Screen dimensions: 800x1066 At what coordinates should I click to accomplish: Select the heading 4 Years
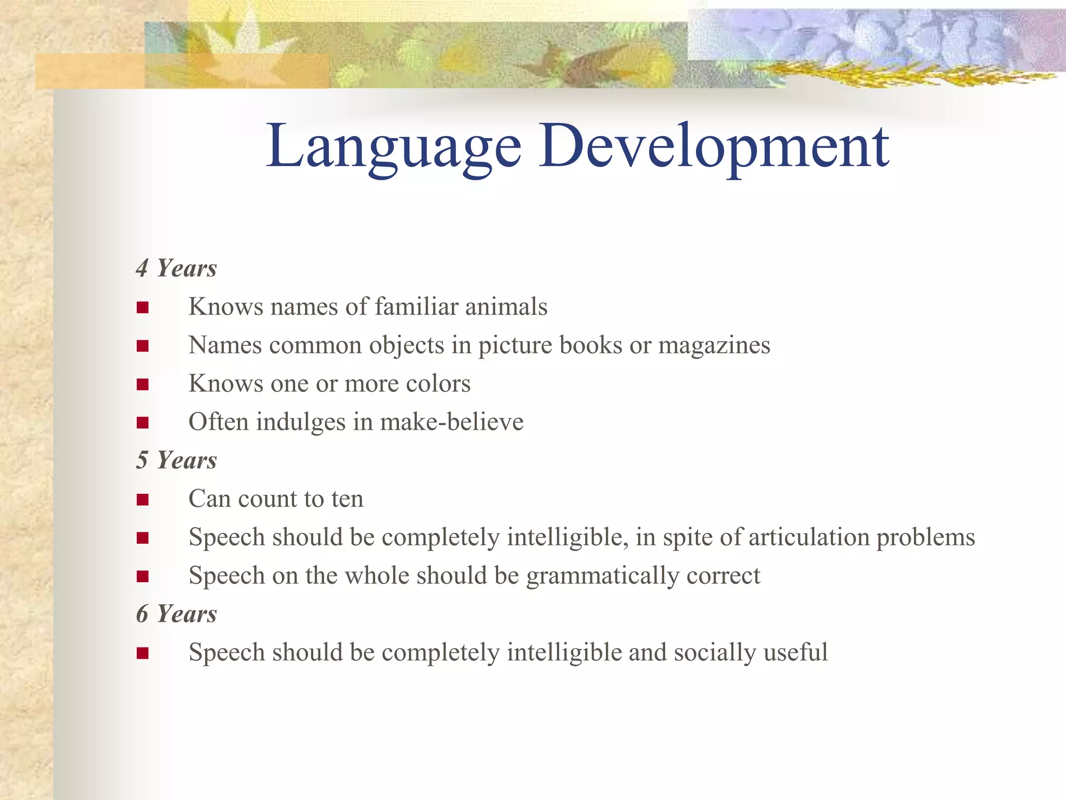click(x=176, y=269)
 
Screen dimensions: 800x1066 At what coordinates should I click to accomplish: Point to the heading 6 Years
click(x=176, y=615)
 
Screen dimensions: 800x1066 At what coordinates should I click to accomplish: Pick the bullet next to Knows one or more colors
click(x=143, y=385)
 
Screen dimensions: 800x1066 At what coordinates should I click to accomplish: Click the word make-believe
click(x=452, y=422)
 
